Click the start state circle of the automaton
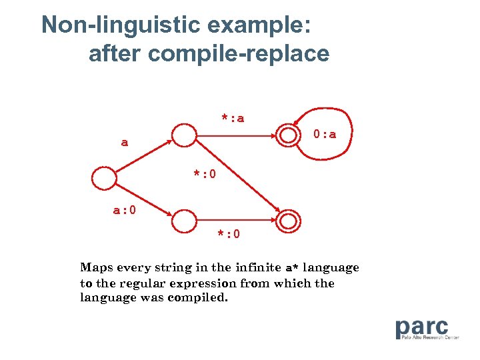point(104,179)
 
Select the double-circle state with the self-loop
point(288,136)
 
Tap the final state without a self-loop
point(288,220)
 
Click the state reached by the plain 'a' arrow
point(183,136)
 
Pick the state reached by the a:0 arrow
point(183,220)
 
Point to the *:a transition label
point(233,118)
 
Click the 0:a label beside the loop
point(325,135)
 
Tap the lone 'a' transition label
point(125,143)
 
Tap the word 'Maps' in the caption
point(96,267)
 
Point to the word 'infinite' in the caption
point(257,267)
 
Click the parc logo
point(421,327)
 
